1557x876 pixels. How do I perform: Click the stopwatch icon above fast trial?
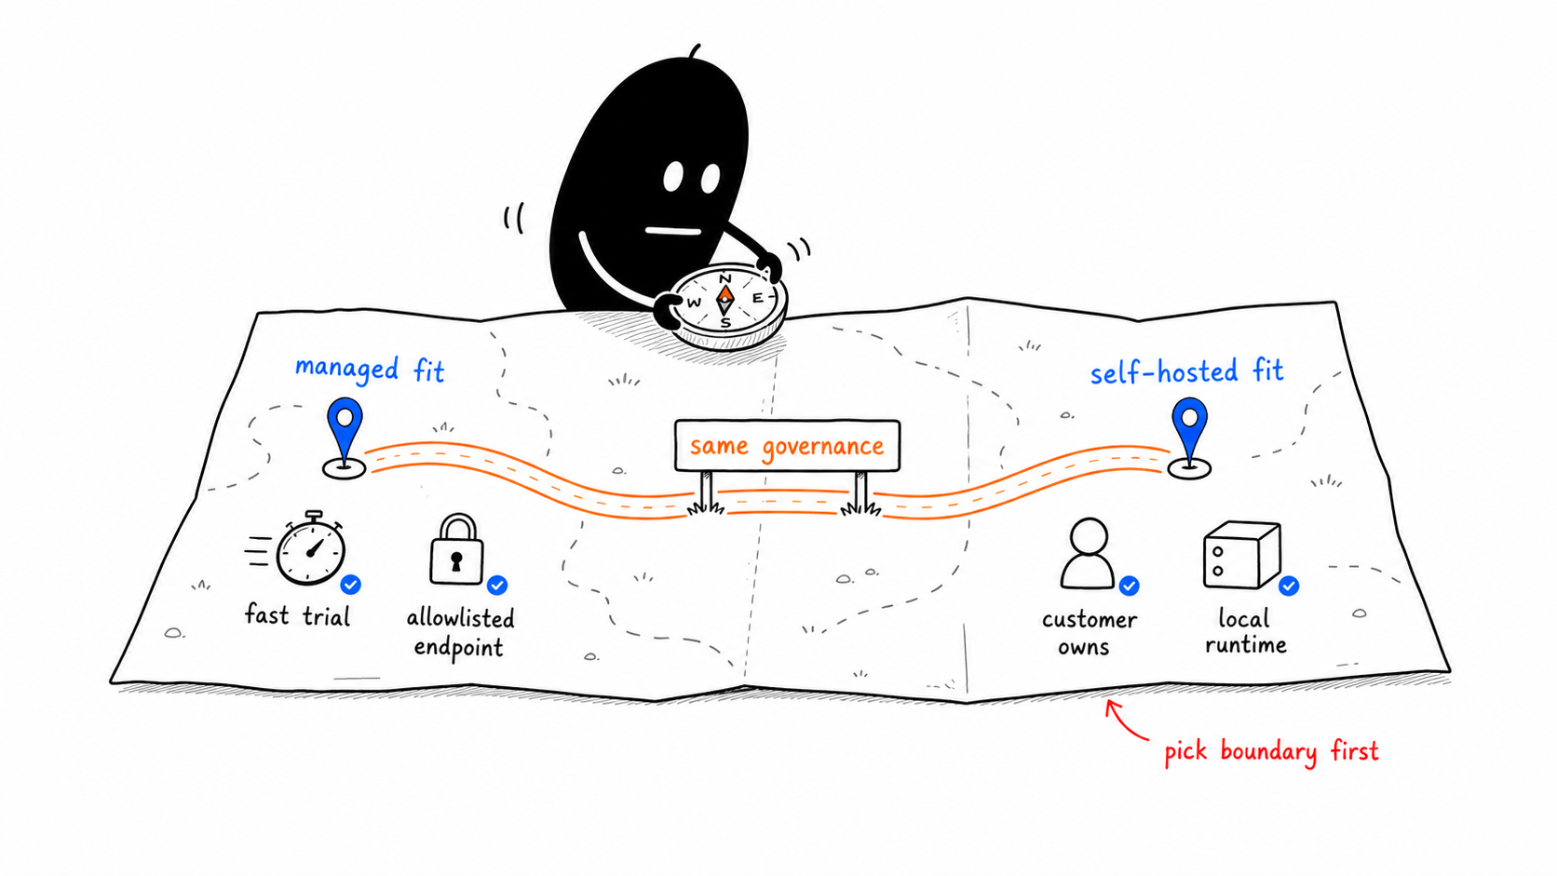(x=310, y=549)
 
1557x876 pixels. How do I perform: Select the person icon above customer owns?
(x=1089, y=554)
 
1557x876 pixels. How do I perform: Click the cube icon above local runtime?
(x=1242, y=555)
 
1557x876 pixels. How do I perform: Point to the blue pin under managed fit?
(x=344, y=438)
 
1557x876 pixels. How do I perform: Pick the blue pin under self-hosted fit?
(x=1189, y=438)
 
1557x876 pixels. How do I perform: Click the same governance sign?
(x=787, y=445)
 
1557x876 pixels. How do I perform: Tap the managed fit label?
(x=370, y=369)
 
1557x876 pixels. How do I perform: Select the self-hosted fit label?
(x=1186, y=371)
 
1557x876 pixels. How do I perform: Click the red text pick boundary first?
(x=1271, y=752)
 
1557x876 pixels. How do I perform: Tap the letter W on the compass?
(x=694, y=303)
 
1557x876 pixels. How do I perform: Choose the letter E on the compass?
(x=758, y=298)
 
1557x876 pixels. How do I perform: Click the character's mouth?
(x=673, y=231)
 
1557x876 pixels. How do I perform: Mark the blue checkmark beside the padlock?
(x=497, y=586)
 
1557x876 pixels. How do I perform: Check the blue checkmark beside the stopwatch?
(x=350, y=585)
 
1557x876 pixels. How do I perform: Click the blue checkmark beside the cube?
(x=1289, y=586)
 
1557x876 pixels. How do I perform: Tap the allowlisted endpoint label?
(x=460, y=633)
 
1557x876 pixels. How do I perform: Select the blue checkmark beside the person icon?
(x=1129, y=586)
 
